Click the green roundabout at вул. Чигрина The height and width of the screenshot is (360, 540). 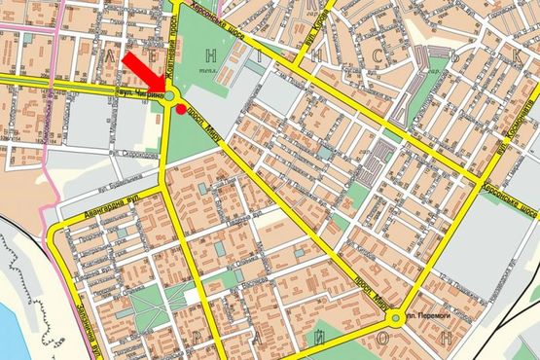point(169,96)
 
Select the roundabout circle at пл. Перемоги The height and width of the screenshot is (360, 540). point(396,318)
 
